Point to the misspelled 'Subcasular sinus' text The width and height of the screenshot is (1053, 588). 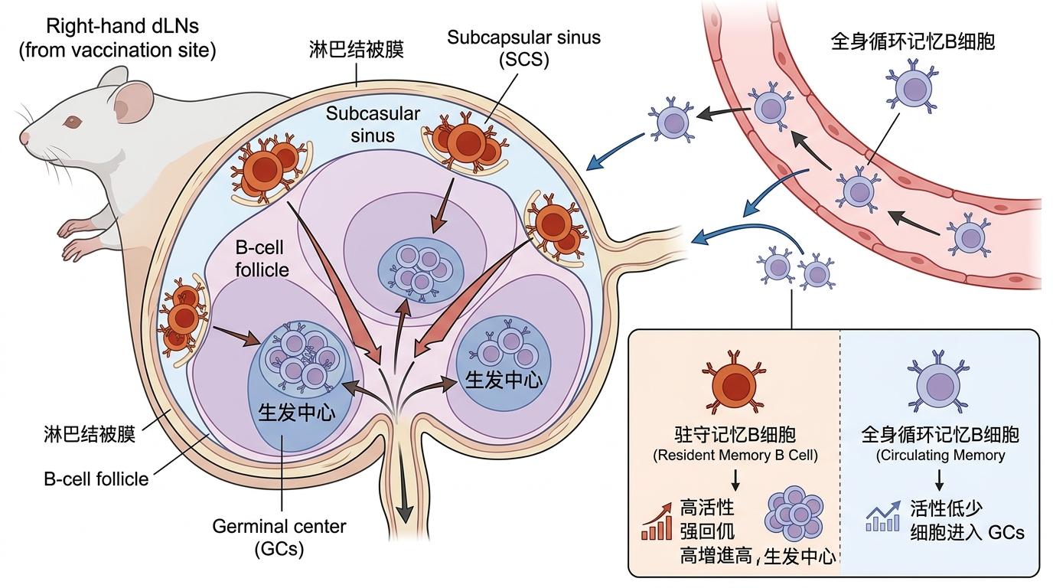373,125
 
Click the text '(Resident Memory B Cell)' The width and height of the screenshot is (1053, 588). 735,456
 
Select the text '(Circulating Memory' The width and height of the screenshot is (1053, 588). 940,456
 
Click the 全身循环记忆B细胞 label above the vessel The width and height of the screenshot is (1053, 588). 912,41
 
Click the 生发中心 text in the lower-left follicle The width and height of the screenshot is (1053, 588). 296,411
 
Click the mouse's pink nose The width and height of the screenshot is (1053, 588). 24,138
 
